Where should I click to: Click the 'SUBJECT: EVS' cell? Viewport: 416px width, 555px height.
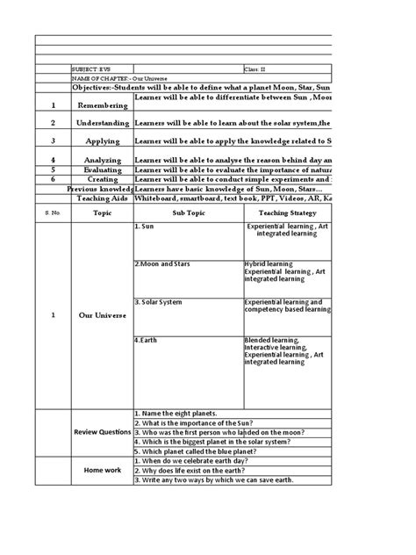(91, 68)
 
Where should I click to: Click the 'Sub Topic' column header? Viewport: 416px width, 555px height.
(188, 213)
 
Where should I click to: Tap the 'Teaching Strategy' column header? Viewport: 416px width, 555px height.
(287, 213)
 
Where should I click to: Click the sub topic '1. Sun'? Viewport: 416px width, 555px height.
(146, 226)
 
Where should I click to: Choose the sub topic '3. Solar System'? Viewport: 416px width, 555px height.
(159, 301)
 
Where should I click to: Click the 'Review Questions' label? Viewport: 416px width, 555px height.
(101, 432)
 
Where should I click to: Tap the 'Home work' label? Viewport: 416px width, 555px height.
(101, 470)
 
